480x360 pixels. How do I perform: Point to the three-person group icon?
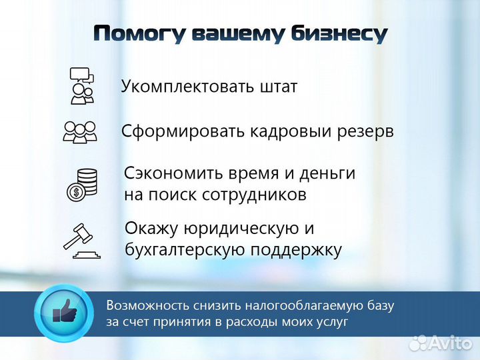(80, 131)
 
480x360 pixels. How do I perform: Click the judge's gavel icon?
(81, 239)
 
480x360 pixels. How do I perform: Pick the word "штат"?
(276, 87)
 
